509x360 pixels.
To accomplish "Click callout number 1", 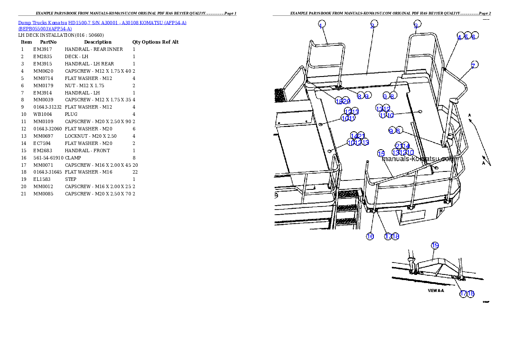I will (x=322, y=24).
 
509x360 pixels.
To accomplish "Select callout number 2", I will (x=374, y=24).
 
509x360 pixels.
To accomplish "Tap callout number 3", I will (x=417, y=24).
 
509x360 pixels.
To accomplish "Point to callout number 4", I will (x=460, y=36).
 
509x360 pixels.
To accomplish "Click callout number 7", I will (x=474, y=65).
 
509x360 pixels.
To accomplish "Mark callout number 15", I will (x=381, y=153).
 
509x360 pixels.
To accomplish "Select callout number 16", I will (x=370, y=236).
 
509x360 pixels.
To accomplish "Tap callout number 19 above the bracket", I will (x=435, y=245).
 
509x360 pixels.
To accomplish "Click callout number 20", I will (x=346, y=101).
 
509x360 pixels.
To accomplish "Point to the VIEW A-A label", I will (x=436, y=290).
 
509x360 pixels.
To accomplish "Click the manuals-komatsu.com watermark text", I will (x=417, y=159).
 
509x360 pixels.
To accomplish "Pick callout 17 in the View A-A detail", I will (x=463, y=294).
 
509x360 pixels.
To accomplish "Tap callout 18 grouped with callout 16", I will (x=395, y=236).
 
